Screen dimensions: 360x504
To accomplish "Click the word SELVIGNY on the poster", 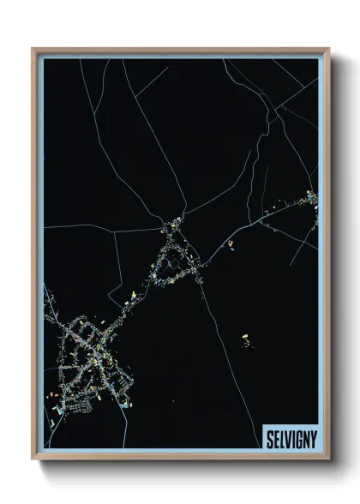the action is (x=289, y=435).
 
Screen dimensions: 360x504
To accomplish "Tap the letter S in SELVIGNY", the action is (x=267, y=435).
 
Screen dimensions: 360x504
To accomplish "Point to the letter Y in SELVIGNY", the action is (x=311, y=435).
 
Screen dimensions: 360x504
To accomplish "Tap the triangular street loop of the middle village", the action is (x=178, y=254).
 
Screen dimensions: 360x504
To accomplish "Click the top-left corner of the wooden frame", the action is (x=33, y=50).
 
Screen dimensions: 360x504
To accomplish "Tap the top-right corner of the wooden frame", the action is (x=327, y=50).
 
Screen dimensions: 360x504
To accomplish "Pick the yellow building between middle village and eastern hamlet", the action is (x=230, y=243).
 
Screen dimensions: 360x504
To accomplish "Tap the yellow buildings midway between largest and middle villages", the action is (x=135, y=297).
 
